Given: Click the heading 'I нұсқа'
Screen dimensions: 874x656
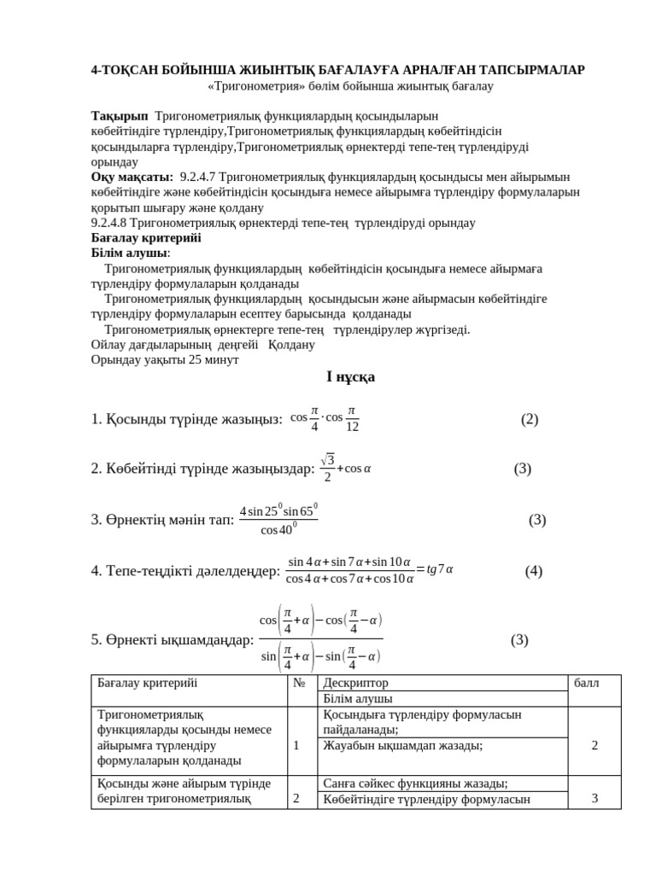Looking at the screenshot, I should [x=351, y=376].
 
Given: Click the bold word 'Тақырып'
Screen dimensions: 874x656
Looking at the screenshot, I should [x=120, y=115].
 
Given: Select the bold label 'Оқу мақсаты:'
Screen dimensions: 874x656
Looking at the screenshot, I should [x=132, y=177].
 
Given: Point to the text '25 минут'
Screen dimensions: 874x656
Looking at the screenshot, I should [x=215, y=359].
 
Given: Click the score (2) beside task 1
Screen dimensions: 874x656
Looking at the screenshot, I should [x=530, y=419].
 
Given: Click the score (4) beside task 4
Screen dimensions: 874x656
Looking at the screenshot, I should [x=534, y=571].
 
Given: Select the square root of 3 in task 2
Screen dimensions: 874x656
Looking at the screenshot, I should [x=328, y=460].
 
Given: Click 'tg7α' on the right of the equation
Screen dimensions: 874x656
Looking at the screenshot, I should [x=439, y=569].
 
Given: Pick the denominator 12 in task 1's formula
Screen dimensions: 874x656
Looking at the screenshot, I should [x=352, y=427].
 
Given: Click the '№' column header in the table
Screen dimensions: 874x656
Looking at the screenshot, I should [x=299, y=683].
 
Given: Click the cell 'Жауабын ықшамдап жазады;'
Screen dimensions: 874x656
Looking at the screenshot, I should [x=402, y=745].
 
